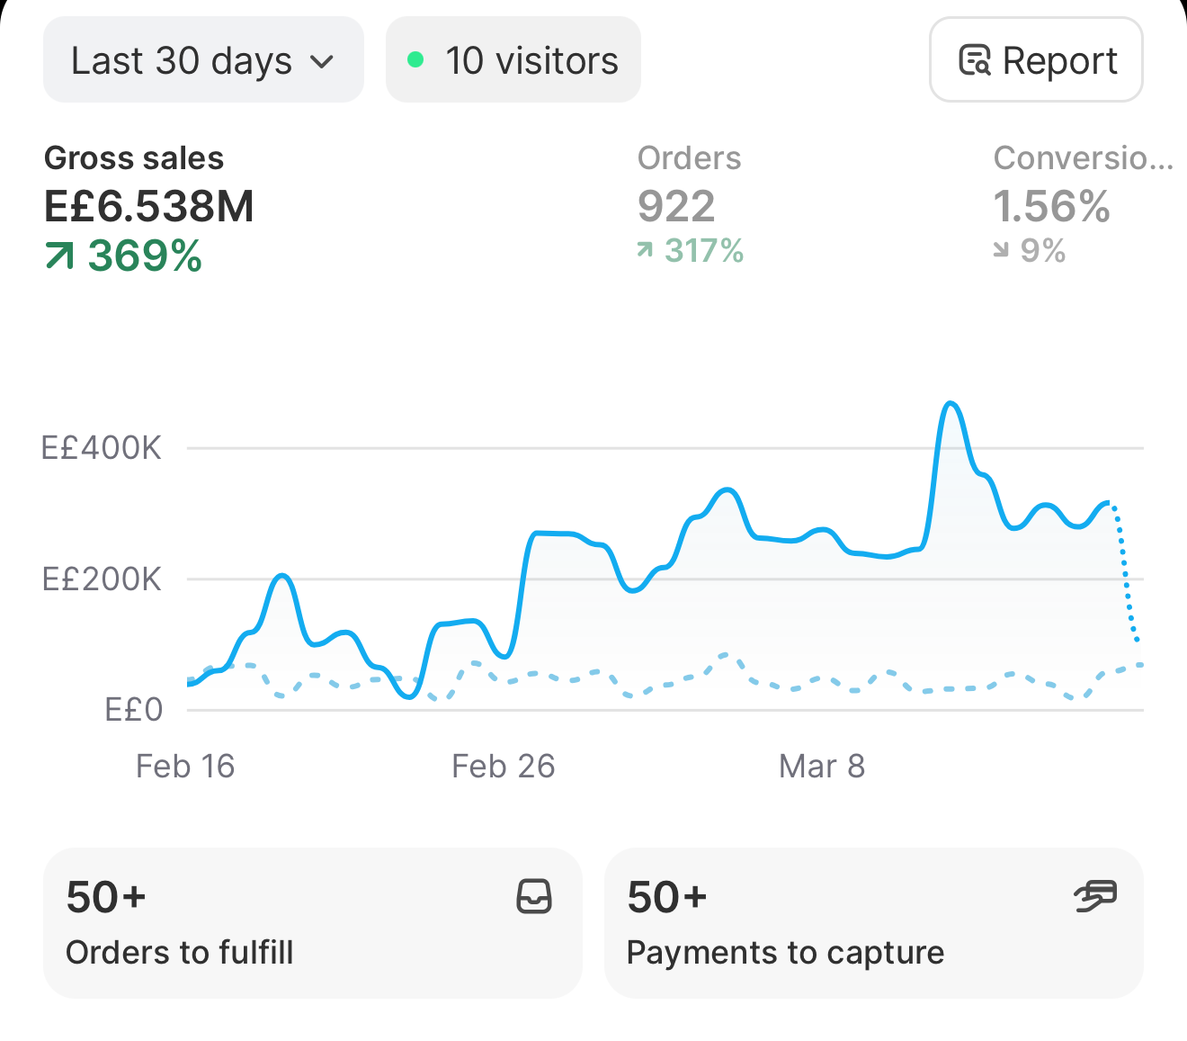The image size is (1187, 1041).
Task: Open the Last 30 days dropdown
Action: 203,59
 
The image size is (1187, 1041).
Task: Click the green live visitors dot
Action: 415,59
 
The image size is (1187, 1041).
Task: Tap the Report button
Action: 1036,59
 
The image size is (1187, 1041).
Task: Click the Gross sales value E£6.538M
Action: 148,206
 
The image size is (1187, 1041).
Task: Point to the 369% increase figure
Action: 145,256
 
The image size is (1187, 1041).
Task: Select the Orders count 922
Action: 676,206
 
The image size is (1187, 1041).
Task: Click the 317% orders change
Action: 703,251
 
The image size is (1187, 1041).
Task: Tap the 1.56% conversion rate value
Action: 1051,206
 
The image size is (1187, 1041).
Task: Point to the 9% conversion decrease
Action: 1042,251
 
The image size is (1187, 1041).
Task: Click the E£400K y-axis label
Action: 101,448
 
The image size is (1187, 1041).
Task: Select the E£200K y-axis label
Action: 102,579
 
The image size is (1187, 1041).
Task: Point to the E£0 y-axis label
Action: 134,710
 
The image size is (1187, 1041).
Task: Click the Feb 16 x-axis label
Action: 185,766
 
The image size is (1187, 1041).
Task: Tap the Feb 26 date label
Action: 504,766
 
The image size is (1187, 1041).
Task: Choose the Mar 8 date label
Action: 822,766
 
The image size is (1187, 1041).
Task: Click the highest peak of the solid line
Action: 950,403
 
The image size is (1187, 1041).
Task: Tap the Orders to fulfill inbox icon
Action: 534,896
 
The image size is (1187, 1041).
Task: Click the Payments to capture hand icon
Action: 1095,895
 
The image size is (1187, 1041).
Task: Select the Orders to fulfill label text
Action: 179,953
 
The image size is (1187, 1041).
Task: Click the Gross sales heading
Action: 134,158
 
